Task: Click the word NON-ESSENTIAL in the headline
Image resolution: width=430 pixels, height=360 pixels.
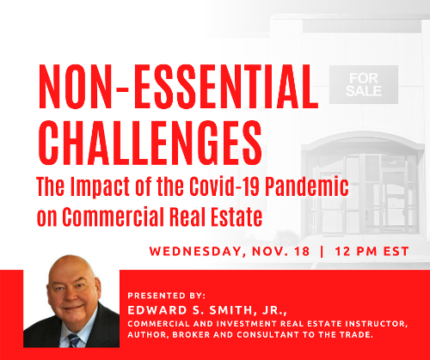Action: (x=178, y=87)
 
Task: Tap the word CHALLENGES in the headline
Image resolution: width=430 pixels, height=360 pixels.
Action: (x=150, y=143)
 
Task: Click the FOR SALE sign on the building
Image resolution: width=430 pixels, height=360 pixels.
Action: (x=364, y=84)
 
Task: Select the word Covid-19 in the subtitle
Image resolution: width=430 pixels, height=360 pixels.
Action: (x=224, y=186)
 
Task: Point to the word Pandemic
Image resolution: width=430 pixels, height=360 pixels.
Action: (x=307, y=186)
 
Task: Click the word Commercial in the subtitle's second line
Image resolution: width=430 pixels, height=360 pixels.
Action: (x=114, y=217)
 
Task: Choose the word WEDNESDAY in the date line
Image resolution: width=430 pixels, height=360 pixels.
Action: (x=195, y=252)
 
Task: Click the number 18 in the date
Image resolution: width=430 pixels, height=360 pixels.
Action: (x=302, y=251)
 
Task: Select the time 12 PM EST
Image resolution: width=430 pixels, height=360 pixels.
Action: (x=372, y=251)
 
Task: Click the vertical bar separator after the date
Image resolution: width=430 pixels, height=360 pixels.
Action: (x=322, y=251)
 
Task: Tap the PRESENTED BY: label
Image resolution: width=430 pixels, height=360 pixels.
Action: (x=167, y=296)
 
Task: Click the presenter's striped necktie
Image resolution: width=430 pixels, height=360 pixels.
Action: (x=74, y=340)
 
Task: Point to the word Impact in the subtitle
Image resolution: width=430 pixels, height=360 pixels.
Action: (x=100, y=186)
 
